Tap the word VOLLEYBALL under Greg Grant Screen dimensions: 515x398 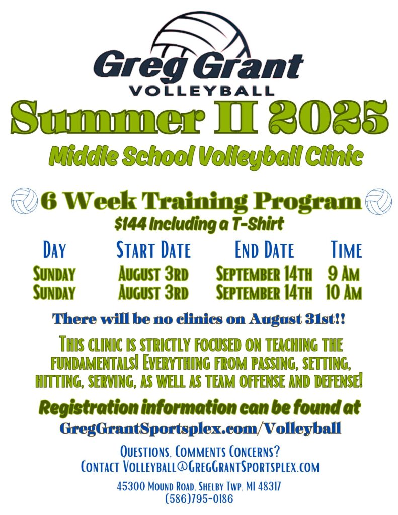(202, 91)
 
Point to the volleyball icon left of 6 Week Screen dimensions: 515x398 (24, 201)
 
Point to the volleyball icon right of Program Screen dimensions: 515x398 (378, 201)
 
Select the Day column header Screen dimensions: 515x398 (54, 249)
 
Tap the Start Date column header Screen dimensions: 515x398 (153, 249)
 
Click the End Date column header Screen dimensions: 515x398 (264, 249)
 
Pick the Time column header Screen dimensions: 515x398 (346, 249)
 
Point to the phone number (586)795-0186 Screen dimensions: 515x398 (199, 499)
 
